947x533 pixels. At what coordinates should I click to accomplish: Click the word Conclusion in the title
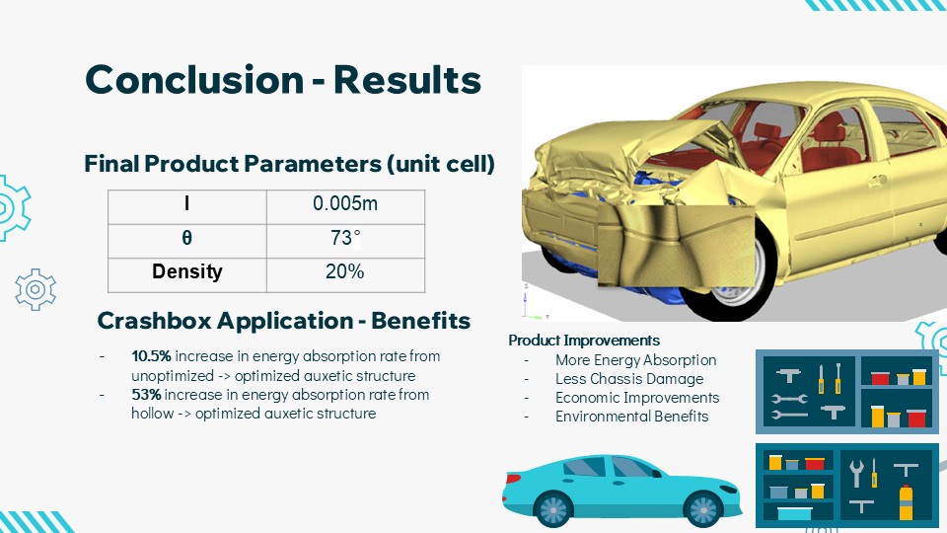pyautogui.click(x=194, y=79)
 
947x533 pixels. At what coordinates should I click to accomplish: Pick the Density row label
pyautogui.click(x=187, y=271)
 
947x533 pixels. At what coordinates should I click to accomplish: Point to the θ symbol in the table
pyautogui.click(x=187, y=238)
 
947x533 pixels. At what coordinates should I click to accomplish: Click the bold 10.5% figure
pyautogui.click(x=152, y=356)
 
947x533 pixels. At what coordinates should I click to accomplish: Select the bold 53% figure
pyautogui.click(x=146, y=395)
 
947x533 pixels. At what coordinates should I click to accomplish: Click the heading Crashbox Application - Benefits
pyautogui.click(x=284, y=320)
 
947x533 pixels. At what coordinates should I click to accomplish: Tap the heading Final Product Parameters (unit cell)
pyautogui.click(x=289, y=164)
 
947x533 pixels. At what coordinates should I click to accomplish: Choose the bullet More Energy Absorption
pyautogui.click(x=636, y=360)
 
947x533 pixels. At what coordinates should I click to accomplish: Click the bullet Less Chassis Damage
pyautogui.click(x=629, y=379)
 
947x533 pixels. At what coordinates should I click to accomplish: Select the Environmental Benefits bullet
pyautogui.click(x=631, y=417)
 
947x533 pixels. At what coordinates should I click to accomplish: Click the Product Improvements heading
pyautogui.click(x=584, y=341)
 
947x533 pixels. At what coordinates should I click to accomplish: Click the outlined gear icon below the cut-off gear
pyautogui.click(x=36, y=290)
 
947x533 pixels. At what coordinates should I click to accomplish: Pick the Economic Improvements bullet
pyautogui.click(x=637, y=398)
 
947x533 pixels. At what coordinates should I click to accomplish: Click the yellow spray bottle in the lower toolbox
pyautogui.click(x=906, y=501)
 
